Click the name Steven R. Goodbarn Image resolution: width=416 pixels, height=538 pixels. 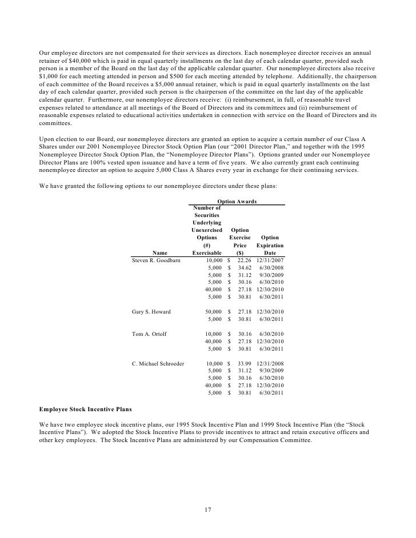point(156,260)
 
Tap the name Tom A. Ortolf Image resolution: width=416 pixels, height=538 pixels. point(149,334)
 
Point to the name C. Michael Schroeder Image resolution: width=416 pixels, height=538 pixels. point(158,363)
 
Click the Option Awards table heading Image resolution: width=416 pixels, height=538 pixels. point(237,202)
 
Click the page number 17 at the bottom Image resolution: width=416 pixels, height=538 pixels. point(208,509)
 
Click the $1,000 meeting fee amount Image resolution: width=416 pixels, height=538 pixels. point(50,75)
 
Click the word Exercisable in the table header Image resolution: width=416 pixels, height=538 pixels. point(207,252)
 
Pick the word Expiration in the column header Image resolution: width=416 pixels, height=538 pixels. point(270,245)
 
